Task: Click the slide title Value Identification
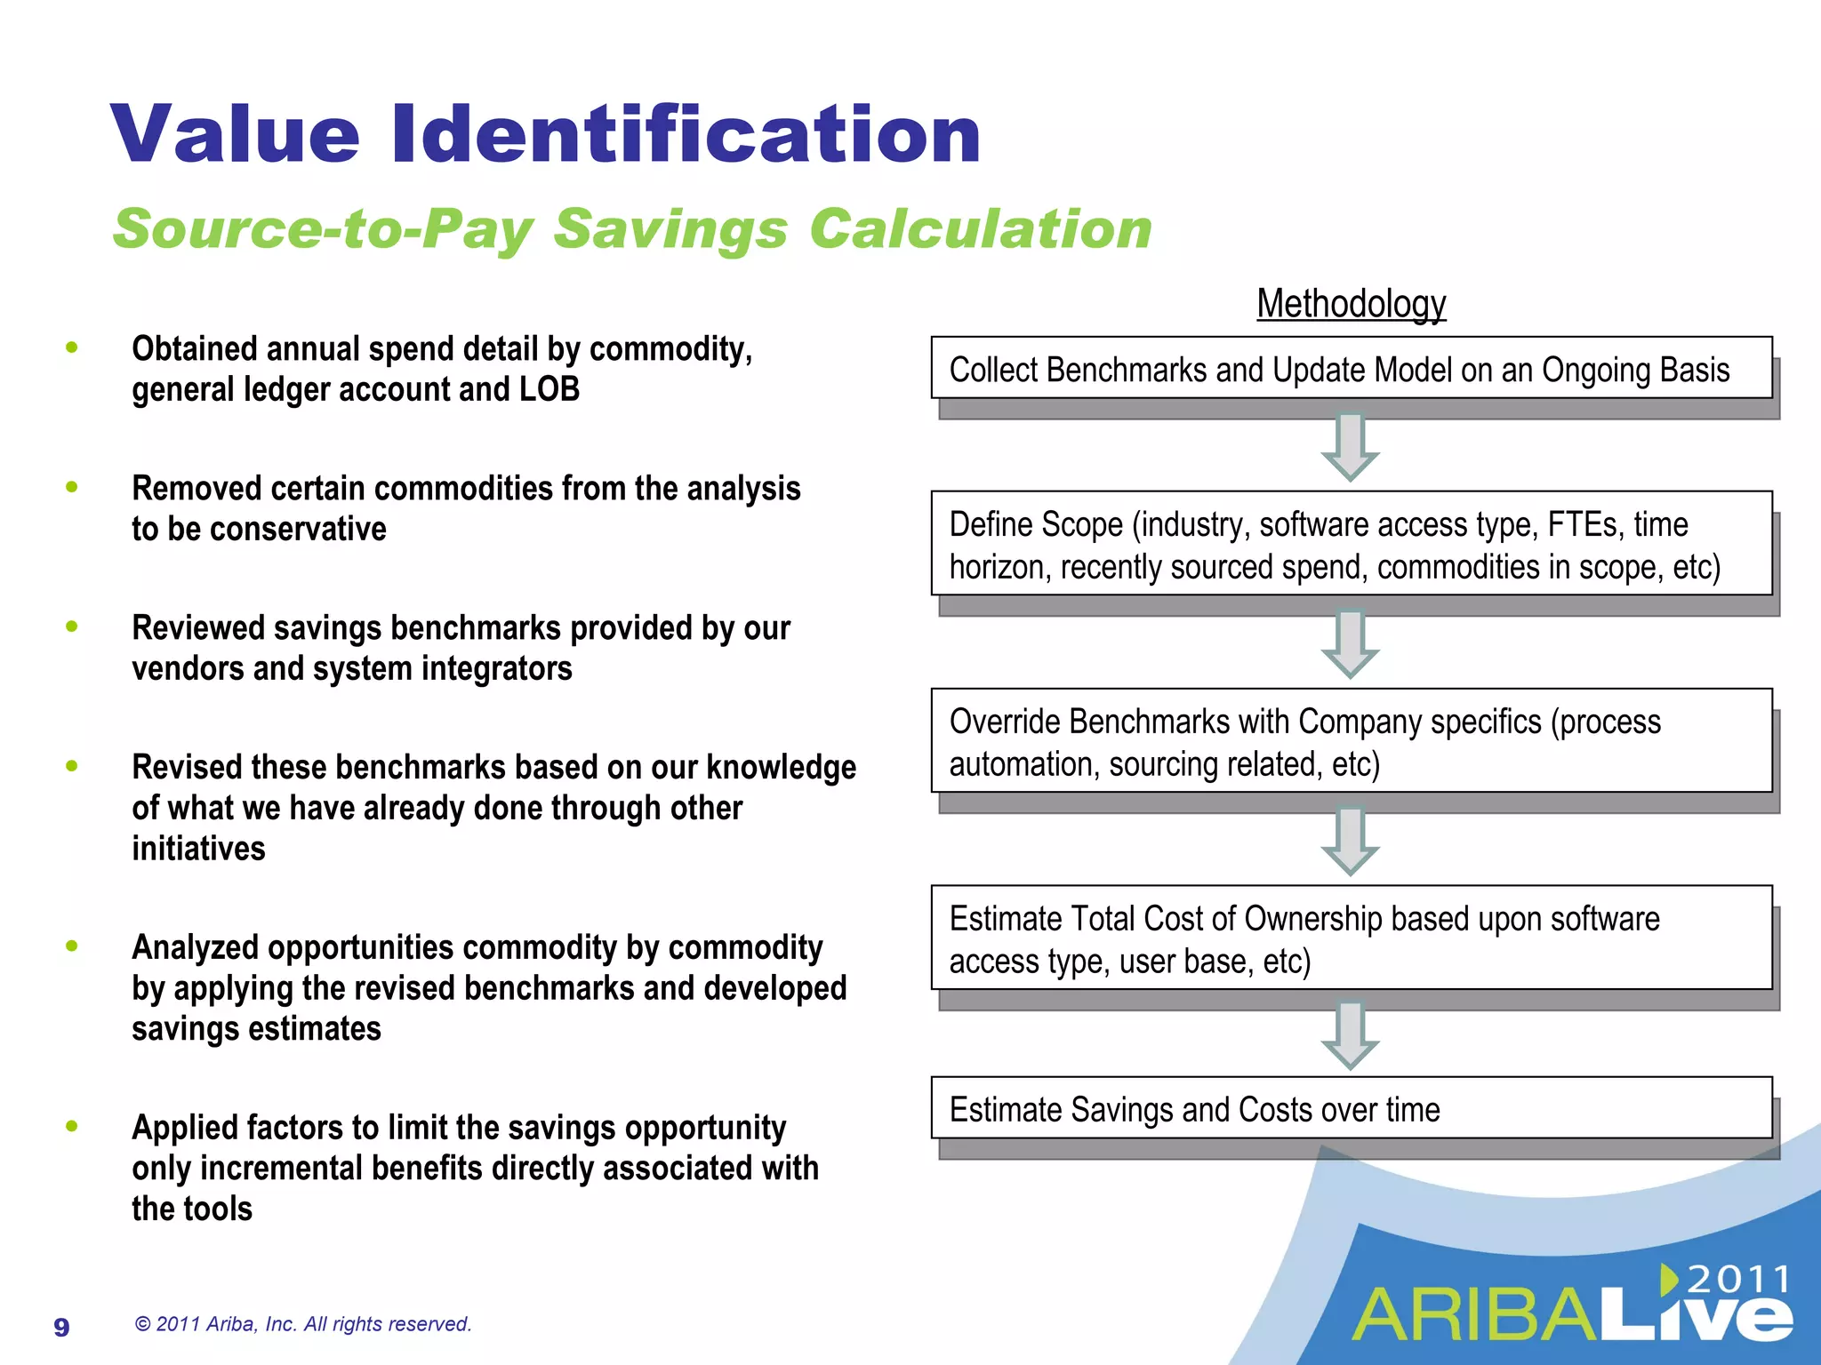[545, 134]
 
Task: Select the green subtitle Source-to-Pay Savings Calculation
[632, 228]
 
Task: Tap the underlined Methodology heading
[1351, 304]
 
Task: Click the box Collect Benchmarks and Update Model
[1351, 369]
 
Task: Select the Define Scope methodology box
[1351, 544]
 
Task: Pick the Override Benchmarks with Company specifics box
[1351, 741]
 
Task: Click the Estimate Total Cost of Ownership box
[1351, 938]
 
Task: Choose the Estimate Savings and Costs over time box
[1351, 1108]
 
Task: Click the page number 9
[61, 1327]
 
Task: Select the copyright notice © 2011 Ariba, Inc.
[302, 1324]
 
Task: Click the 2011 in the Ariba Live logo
[1738, 1280]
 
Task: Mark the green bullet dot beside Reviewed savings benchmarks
[72, 627]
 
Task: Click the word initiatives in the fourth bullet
[198, 849]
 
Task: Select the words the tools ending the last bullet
[192, 1209]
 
